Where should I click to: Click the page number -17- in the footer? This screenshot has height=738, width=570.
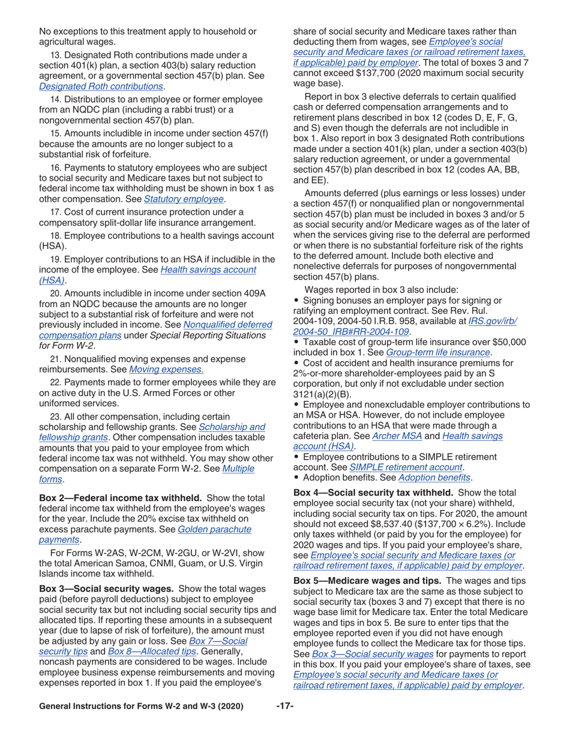point(284,706)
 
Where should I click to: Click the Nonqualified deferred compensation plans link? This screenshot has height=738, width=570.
point(227,325)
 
